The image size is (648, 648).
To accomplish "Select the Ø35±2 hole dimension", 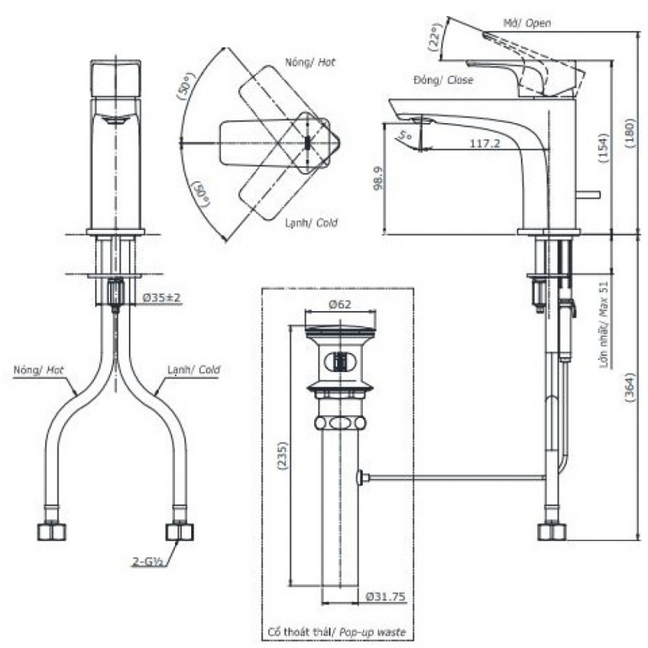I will click(161, 298).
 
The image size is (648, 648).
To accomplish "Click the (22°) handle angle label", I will click(436, 43).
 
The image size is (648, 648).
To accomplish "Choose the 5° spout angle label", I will click(405, 135).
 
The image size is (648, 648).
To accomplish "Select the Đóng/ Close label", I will click(443, 80).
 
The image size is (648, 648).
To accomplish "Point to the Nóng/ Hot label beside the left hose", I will click(38, 369).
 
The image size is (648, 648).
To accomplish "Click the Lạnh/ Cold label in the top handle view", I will click(311, 223).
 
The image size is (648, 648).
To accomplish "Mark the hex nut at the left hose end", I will click(51, 531).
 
